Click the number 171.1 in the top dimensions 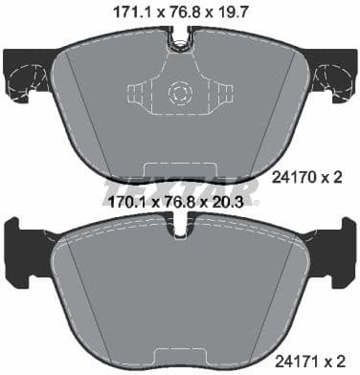[129, 11]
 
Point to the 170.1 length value [129, 202]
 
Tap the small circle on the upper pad [178, 92]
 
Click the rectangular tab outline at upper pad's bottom [179, 169]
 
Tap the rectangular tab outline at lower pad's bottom [179, 357]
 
